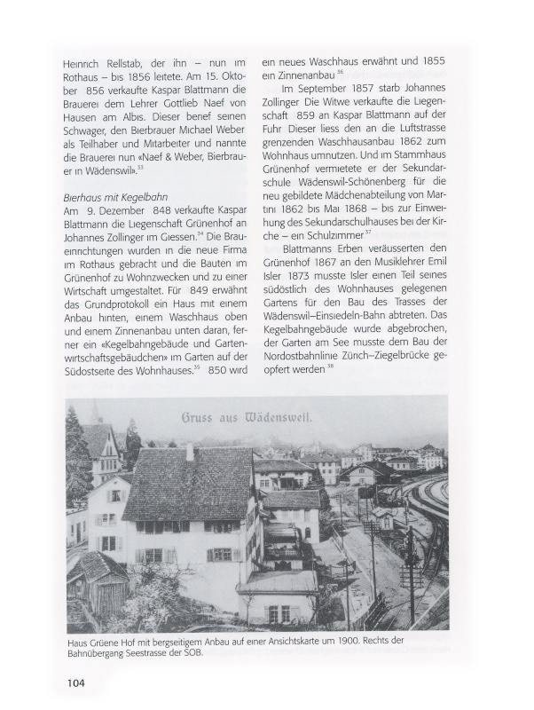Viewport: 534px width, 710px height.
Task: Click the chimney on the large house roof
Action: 190,451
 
